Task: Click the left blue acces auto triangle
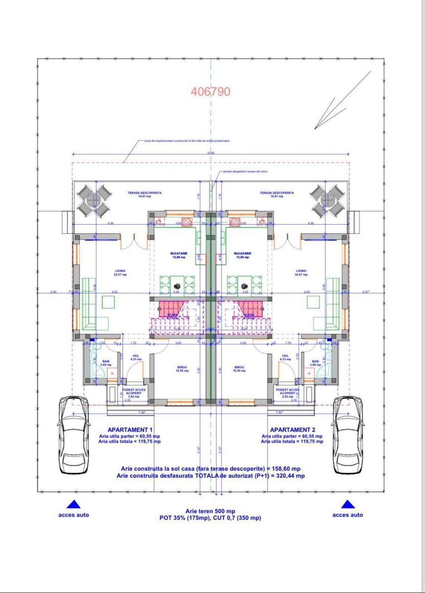pyautogui.click(x=73, y=504)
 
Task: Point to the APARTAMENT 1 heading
pyautogui.click(x=130, y=429)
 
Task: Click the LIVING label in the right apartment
pyautogui.click(x=301, y=271)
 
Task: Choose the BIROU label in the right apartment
pyautogui.click(x=239, y=367)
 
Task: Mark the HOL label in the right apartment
pyautogui.click(x=285, y=355)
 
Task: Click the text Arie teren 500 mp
pyautogui.click(x=210, y=511)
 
